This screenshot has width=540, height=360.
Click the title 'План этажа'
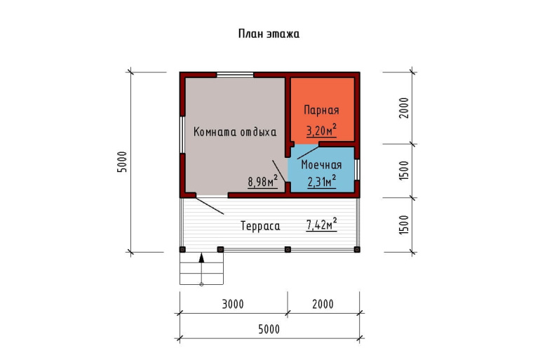pyautogui.click(x=269, y=34)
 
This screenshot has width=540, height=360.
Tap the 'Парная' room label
pyautogui.click(x=321, y=110)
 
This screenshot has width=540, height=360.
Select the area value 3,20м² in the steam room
pyautogui.click(x=321, y=131)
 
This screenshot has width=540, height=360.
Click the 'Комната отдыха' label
pyautogui.click(x=235, y=132)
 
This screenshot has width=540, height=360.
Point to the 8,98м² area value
pyautogui.click(x=263, y=181)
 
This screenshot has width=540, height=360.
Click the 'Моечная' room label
pyautogui.click(x=321, y=165)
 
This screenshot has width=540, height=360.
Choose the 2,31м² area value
pyautogui.click(x=322, y=181)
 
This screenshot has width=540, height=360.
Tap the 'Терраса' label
pyautogui.click(x=260, y=226)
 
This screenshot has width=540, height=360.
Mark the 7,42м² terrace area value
pyautogui.click(x=321, y=225)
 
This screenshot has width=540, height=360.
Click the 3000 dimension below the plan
pyautogui.click(x=233, y=304)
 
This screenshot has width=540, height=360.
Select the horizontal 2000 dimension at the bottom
pyautogui.click(x=323, y=304)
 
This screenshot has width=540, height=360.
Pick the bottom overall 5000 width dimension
pyautogui.click(x=269, y=329)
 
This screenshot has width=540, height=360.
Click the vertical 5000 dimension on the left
pyautogui.click(x=122, y=162)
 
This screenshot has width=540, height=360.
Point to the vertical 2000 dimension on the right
pyautogui.click(x=404, y=108)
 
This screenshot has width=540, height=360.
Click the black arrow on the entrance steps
pyautogui.click(x=201, y=258)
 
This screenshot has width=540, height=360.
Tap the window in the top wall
pyautogui.click(x=235, y=75)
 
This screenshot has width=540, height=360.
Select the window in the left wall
pyautogui.click(x=182, y=135)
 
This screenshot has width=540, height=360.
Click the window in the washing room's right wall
pyautogui.click(x=358, y=170)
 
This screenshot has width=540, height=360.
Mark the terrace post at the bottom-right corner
pyautogui.click(x=357, y=249)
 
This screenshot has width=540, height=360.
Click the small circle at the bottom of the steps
pyautogui.click(x=201, y=284)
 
